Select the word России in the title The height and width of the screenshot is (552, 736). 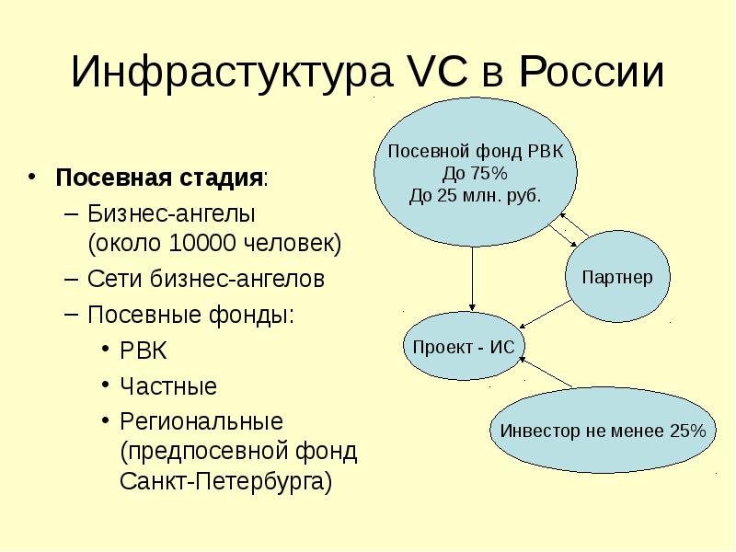pos(592,72)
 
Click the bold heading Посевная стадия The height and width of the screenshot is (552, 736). pos(158,178)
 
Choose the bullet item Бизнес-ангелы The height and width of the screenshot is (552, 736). pos(171,214)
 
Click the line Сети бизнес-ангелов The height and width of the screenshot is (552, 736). pos(206,279)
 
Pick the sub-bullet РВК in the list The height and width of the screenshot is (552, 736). pos(144,351)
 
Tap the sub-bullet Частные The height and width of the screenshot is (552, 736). pos(168,386)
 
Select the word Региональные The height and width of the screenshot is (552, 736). pos(201,421)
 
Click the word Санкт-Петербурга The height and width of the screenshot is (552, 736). pos(225,481)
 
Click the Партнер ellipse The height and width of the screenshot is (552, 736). pos(617,277)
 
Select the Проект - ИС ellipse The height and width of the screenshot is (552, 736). pos(464,347)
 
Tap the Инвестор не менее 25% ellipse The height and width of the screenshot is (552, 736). pos(604,430)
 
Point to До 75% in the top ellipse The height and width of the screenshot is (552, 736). pos(475,174)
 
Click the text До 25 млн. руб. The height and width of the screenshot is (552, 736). pos(475,196)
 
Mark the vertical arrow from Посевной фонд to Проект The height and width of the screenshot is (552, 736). pos(472,279)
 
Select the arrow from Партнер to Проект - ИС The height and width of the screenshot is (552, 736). pos(546,314)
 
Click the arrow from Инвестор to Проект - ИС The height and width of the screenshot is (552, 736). pos(546,373)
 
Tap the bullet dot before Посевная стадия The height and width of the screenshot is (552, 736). pos(31,177)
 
